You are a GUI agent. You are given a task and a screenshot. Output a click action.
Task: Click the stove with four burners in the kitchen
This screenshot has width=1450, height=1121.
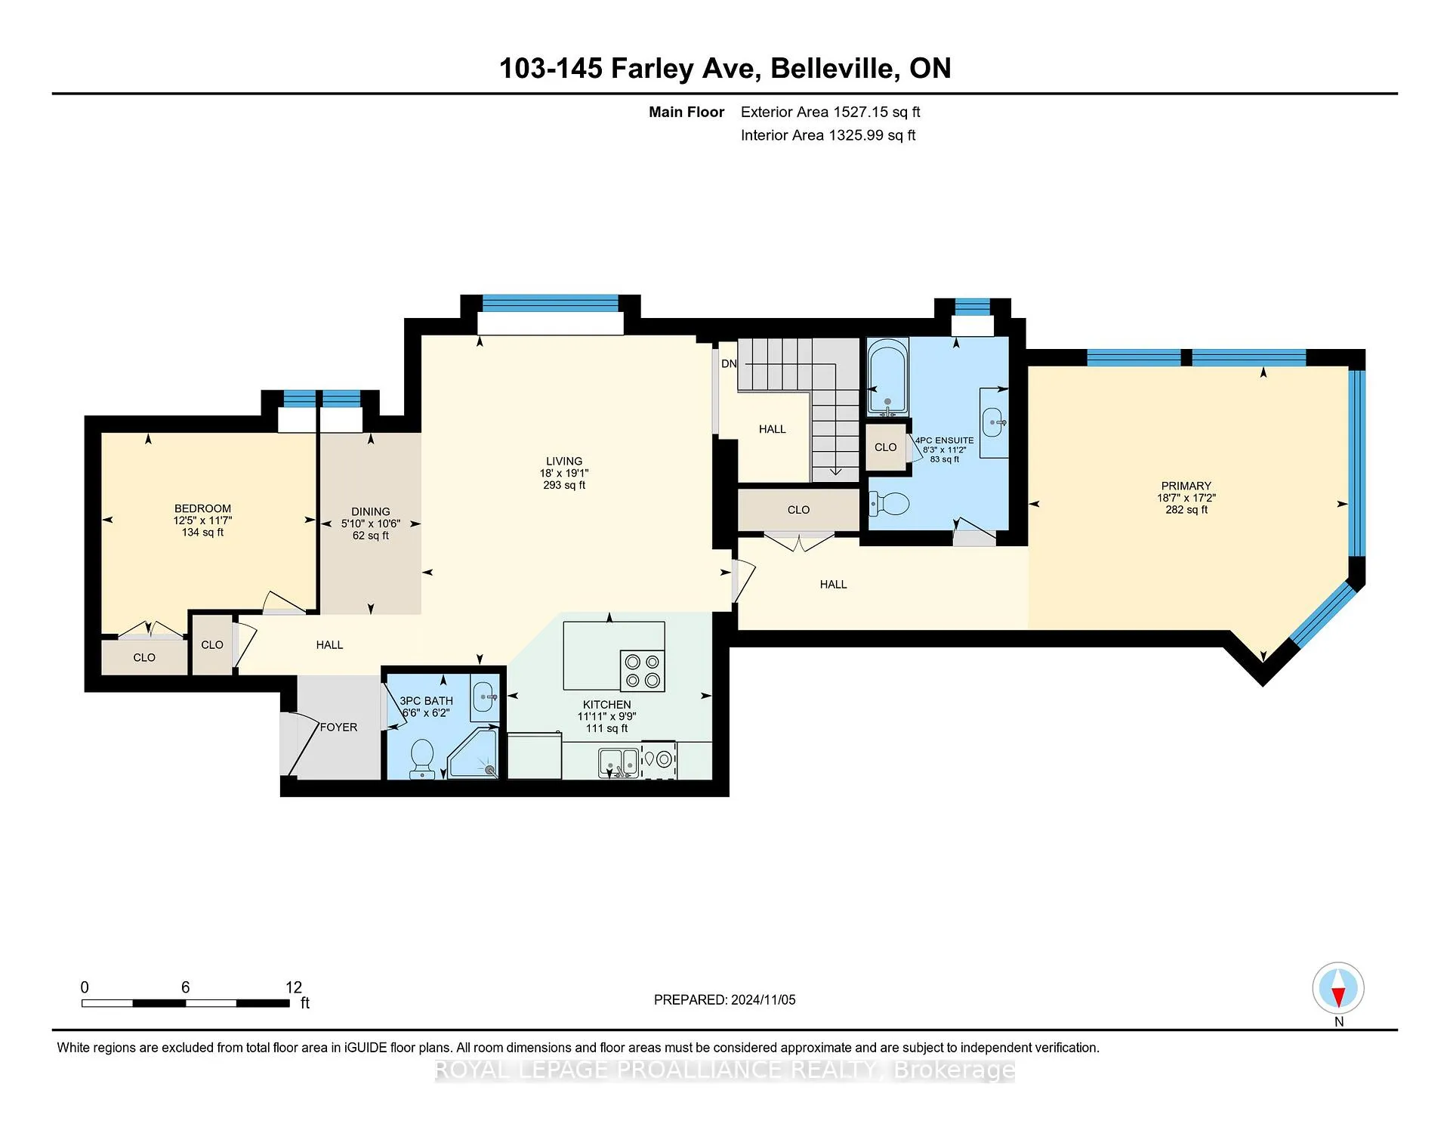[643, 671]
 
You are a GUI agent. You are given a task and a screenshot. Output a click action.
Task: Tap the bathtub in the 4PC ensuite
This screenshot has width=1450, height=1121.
[887, 378]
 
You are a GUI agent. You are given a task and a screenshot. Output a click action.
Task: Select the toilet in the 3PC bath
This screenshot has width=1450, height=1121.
[421, 758]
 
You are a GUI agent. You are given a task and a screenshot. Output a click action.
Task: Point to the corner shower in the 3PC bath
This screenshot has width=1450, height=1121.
[474, 752]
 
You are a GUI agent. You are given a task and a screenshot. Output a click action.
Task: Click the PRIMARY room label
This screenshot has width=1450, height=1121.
[1186, 486]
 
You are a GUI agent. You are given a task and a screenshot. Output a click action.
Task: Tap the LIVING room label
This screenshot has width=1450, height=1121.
[564, 461]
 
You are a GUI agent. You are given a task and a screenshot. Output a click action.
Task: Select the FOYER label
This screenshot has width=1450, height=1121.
[338, 727]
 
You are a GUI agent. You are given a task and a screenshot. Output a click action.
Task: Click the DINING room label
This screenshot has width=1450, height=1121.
[371, 511]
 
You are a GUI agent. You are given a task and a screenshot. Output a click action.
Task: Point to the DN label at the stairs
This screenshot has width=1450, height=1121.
[729, 363]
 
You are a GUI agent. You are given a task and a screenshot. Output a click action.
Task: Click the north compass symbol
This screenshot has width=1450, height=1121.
[1338, 988]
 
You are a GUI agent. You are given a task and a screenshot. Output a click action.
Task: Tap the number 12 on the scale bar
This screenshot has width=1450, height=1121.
[294, 987]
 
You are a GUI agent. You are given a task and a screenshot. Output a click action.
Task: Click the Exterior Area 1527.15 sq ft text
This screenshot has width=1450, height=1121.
[831, 112]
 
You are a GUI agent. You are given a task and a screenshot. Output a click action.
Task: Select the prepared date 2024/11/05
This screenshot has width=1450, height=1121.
[763, 999]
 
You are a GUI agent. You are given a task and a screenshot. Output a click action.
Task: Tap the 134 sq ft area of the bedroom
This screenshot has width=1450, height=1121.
[202, 532]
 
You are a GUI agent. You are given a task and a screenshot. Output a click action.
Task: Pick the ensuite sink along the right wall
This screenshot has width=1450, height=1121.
[994, 422]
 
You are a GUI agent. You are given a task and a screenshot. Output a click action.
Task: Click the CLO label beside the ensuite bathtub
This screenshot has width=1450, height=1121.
[886, 447]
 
